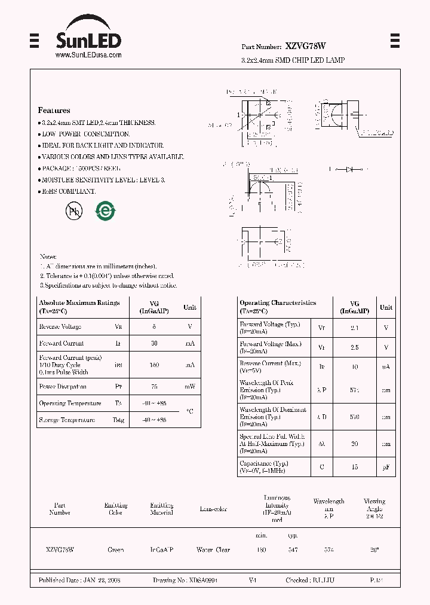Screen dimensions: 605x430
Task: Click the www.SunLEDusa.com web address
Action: [x=88, y=54]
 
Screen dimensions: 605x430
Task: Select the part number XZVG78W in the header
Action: [x=305, y=46]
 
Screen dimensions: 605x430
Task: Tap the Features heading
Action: [x=54, y=111]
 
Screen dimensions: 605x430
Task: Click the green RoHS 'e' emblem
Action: [x=106, y=210]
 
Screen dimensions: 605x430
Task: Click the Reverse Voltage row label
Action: [x=60, y=327]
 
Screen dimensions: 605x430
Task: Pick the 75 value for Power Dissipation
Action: [x=153, y=387]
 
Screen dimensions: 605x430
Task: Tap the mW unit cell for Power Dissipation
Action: [x=189, y=387]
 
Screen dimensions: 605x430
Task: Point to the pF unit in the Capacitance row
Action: [x=386, y=467]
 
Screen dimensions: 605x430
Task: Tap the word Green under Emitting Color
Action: [x=116, y=549]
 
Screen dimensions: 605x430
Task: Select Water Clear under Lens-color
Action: [x=213, y=549]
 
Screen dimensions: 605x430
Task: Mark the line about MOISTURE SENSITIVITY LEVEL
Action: [x=102, y=180]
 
